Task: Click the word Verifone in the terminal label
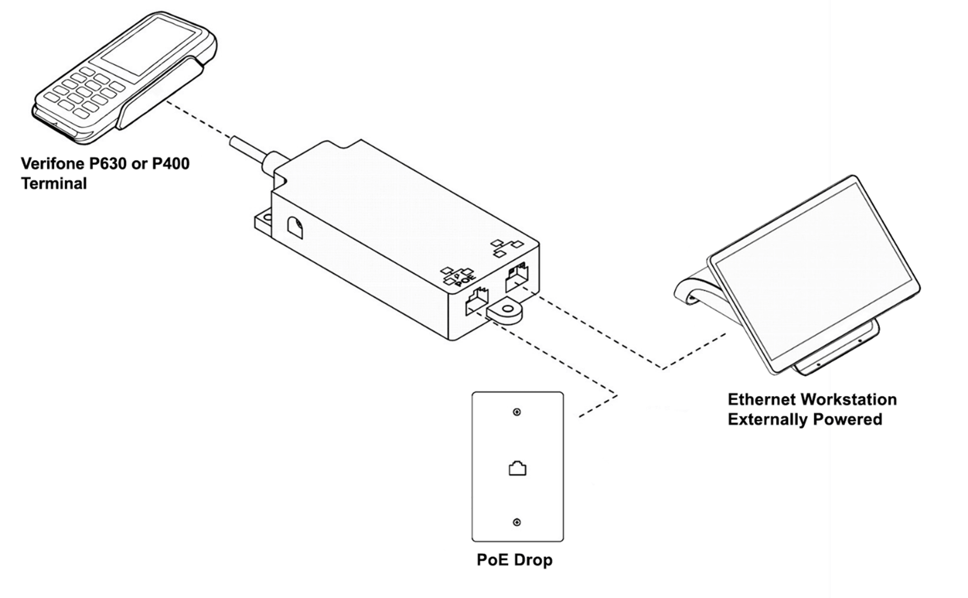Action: (x=53, y=164)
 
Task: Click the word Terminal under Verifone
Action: (x=54, y=184)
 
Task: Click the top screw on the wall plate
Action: (x=517, y=412)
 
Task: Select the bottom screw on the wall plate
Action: (x=517, y=523)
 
